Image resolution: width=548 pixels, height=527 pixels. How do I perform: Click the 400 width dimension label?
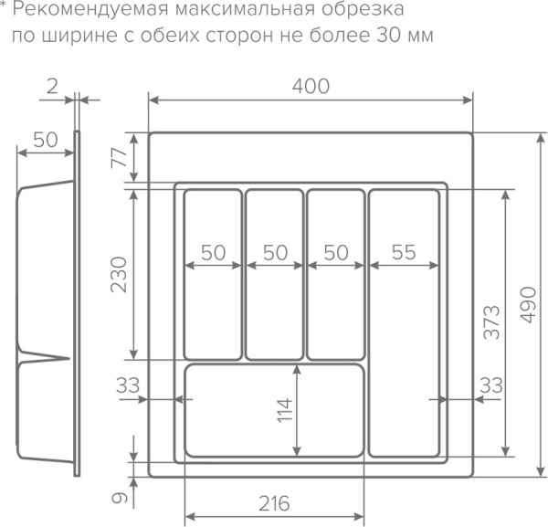tap(311, 85)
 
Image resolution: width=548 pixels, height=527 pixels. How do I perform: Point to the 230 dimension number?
tap(118, 274)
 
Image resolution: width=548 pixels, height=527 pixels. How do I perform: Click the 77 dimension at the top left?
tap(118, 157)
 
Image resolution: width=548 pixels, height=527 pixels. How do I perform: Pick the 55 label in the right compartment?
tap(404, 253)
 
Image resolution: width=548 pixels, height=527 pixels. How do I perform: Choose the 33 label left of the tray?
tap(129, 385)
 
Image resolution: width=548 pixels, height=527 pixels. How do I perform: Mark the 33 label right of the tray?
tap(490, 385)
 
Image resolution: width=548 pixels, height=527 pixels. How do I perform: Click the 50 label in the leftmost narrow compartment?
tap(214, 253)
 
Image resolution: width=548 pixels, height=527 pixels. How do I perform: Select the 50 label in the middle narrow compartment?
tap(275, 253)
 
